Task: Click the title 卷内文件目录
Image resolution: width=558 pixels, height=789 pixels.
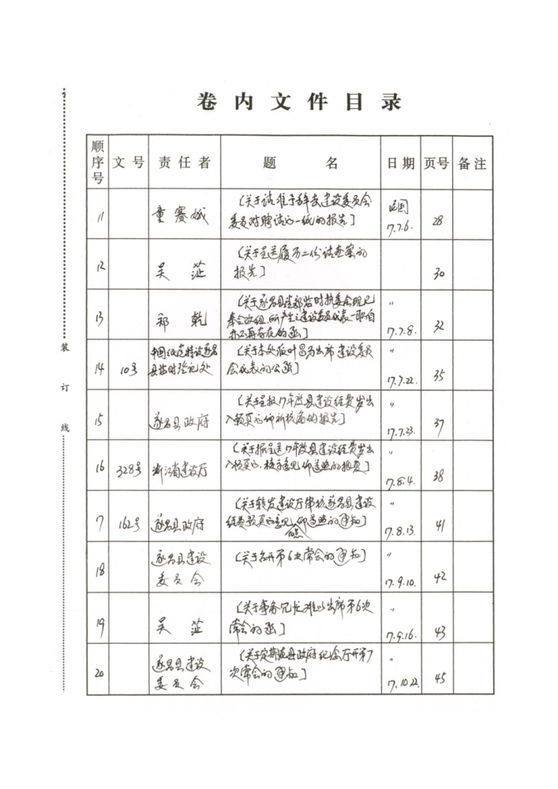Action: point(298,102)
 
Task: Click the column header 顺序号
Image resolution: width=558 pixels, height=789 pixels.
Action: point(98,162)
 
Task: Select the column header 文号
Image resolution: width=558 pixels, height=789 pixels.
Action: point(128,163)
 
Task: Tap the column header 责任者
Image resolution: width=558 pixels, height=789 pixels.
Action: point(184,163)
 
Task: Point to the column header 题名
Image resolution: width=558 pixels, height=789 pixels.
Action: point(300,163)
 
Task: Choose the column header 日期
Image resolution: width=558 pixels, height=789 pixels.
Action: point(400,163)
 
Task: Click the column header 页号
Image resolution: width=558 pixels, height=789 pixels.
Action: point(436,163)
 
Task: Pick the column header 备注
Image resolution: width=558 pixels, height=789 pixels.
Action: point(472,163)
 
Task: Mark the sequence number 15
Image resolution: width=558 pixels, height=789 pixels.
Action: point(98,420)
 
